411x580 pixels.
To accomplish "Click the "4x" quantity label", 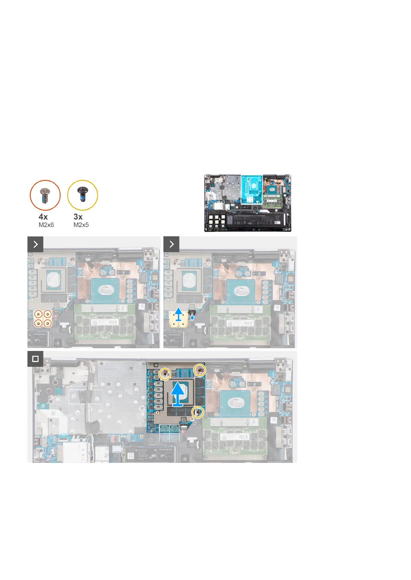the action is click(x=43, y=217).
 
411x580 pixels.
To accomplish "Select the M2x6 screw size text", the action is click(x=46, y=225).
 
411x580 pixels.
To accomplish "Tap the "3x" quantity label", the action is click(x=78, y=217).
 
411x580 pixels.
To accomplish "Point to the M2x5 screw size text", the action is click(x=81, y=225).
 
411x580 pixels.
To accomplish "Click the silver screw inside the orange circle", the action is click(x=45, y=195).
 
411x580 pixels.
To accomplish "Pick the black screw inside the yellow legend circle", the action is click(x=82, y=194).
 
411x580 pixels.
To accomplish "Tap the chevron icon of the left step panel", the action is click(x=36, y=244).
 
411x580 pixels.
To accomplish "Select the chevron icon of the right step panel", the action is click(x=172, y=244).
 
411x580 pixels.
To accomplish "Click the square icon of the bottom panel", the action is click(x=35, y=359).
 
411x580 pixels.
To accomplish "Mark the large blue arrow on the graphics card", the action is click(x=178, y=394).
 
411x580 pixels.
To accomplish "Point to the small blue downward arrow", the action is click(x=192, y=317).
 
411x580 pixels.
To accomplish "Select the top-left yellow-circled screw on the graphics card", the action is click(x=165, y=373).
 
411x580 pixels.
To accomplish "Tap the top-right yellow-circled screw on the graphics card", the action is click(x=200, y=370).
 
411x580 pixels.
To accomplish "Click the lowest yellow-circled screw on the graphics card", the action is click(x=197, y=412).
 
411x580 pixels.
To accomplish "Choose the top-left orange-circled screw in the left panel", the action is click(x=39, y=314).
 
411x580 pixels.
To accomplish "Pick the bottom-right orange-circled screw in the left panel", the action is click(x=47, y=323).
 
